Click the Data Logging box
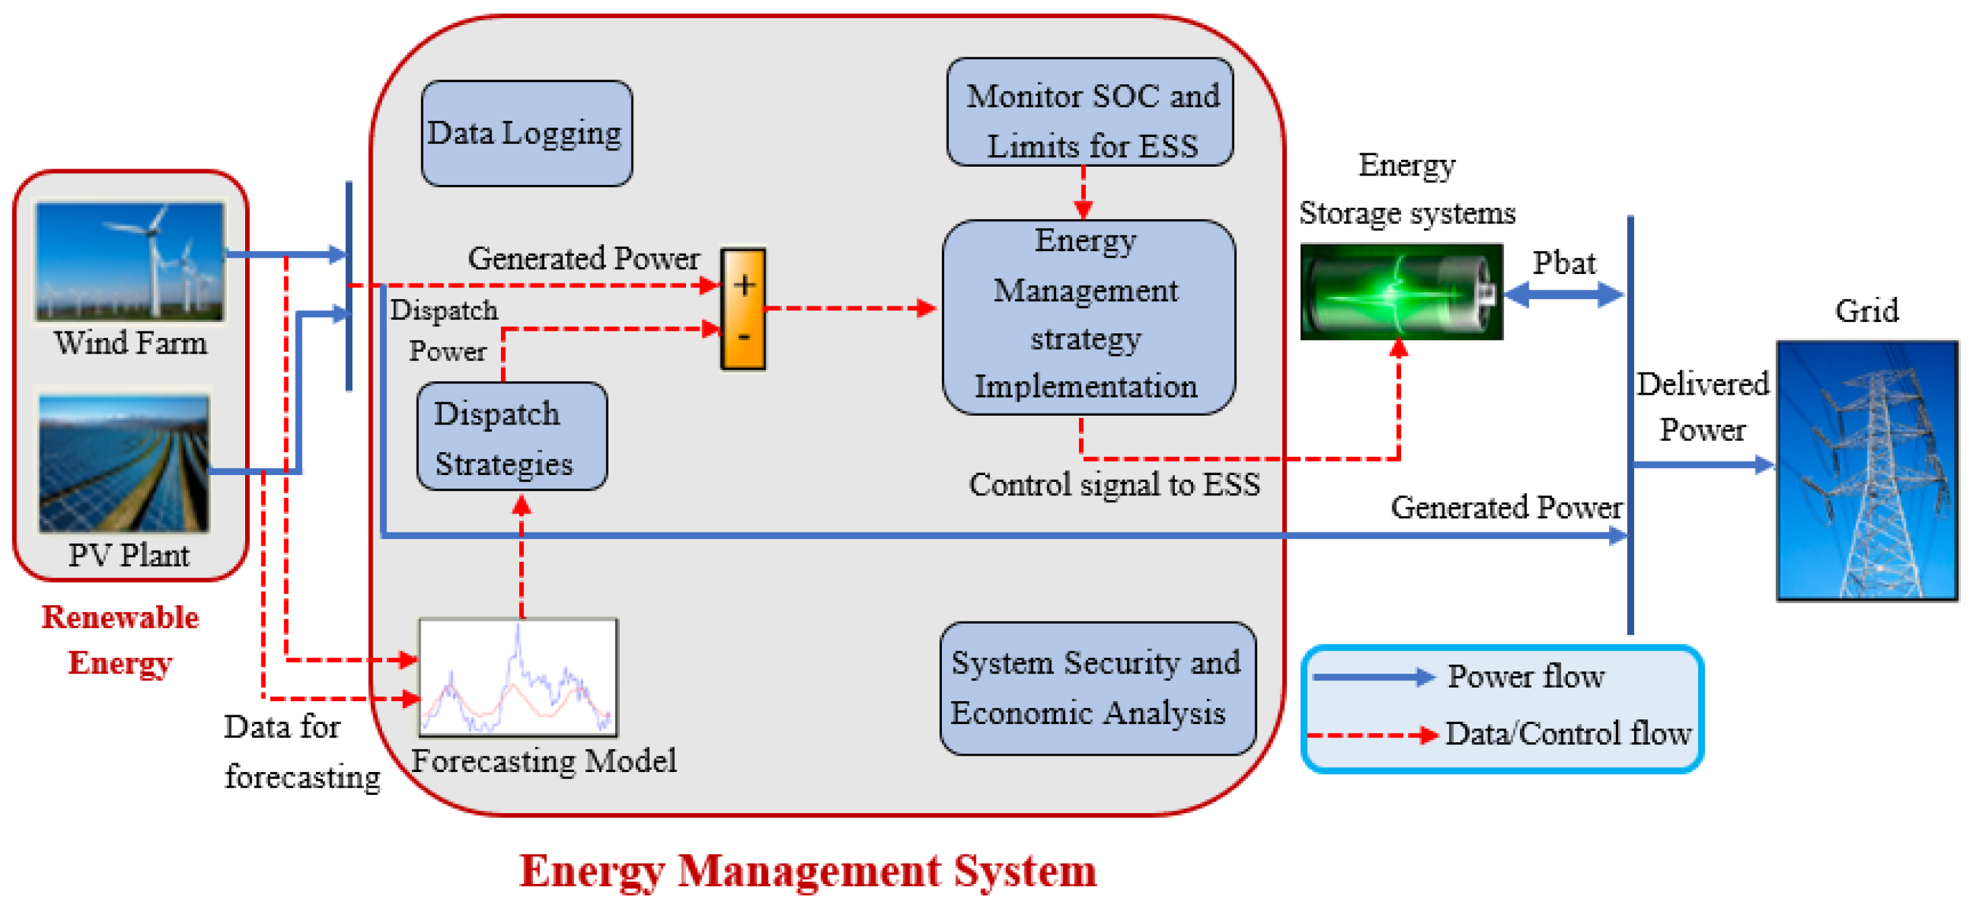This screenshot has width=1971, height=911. (527, 133)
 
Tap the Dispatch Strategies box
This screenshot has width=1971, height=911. (511, 437)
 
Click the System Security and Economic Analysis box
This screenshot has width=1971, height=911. (1097, 688)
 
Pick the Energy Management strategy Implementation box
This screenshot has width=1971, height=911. (1087, 316)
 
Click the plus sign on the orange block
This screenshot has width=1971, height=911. (743, 285)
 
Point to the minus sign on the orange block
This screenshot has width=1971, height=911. (743, 337)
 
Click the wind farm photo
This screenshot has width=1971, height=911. (130, 261)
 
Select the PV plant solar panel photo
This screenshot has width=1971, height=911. (124, 463)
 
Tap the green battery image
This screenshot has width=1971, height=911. (1400, 292)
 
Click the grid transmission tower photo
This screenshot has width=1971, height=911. (1866, 470)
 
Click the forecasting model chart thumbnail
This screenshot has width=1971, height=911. (518, 677)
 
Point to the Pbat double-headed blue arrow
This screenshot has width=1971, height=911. (1564, 294)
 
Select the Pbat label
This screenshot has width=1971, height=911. (1563, 263)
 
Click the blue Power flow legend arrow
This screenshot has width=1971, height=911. (1373, 676)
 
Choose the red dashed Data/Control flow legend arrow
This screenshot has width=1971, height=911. (1373, 735)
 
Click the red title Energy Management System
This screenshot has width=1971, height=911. (808, 870)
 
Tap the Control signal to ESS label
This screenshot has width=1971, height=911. (1114, 485)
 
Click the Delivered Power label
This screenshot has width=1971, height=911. (1702, 407)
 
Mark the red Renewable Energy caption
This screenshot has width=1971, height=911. (120, 640)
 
